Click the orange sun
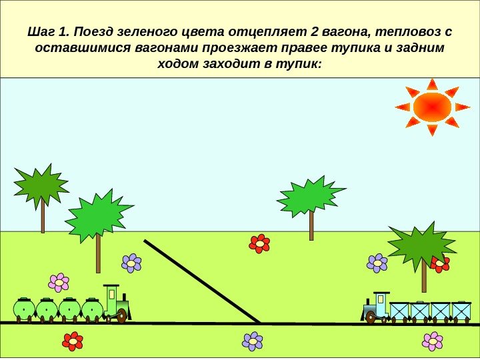click(x=432, y=107)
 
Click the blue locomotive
click(x=377, y=308)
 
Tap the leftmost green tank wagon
click(x=25, y=309)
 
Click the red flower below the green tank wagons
click(x=73, y=341)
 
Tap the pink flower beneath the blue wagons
click(x=433, y=341)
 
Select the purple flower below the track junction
click(x=253, y=341)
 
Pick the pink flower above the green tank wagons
click(x=59, y=283)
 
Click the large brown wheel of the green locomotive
click(x=121, y=315)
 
